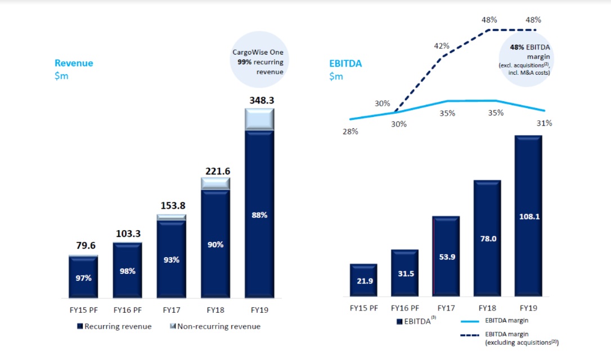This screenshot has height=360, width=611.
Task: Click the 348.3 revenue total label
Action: [x=259, y=101]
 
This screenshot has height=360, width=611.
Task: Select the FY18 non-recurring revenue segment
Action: [x=215, y=183]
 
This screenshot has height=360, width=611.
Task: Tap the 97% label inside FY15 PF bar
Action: [x=83, y=278]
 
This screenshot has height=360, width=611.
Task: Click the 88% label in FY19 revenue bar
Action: [x=259, y=214]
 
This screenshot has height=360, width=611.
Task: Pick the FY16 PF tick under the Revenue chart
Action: [x=127, y=309]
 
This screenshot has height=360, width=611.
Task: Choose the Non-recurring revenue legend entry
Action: [x=215, y=326]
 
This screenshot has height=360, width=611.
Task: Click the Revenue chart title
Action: [x=74, y=64]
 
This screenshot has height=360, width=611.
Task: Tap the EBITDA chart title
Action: [x=345, y=64]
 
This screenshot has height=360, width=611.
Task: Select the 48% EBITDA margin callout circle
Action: [x=525, y=59]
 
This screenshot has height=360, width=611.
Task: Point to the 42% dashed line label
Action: [x=441, y=46]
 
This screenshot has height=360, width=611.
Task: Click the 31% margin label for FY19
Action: [x=545, y=123]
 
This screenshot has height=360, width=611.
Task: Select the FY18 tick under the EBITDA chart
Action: [x=487, y=308]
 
